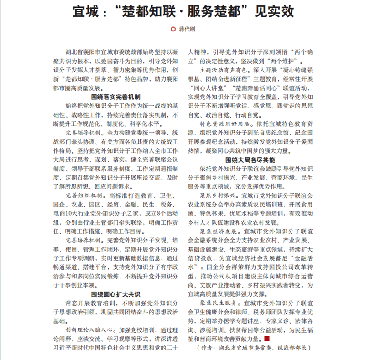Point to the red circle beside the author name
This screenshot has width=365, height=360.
pos(172,30)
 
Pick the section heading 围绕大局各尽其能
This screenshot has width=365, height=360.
pos(250,160)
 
